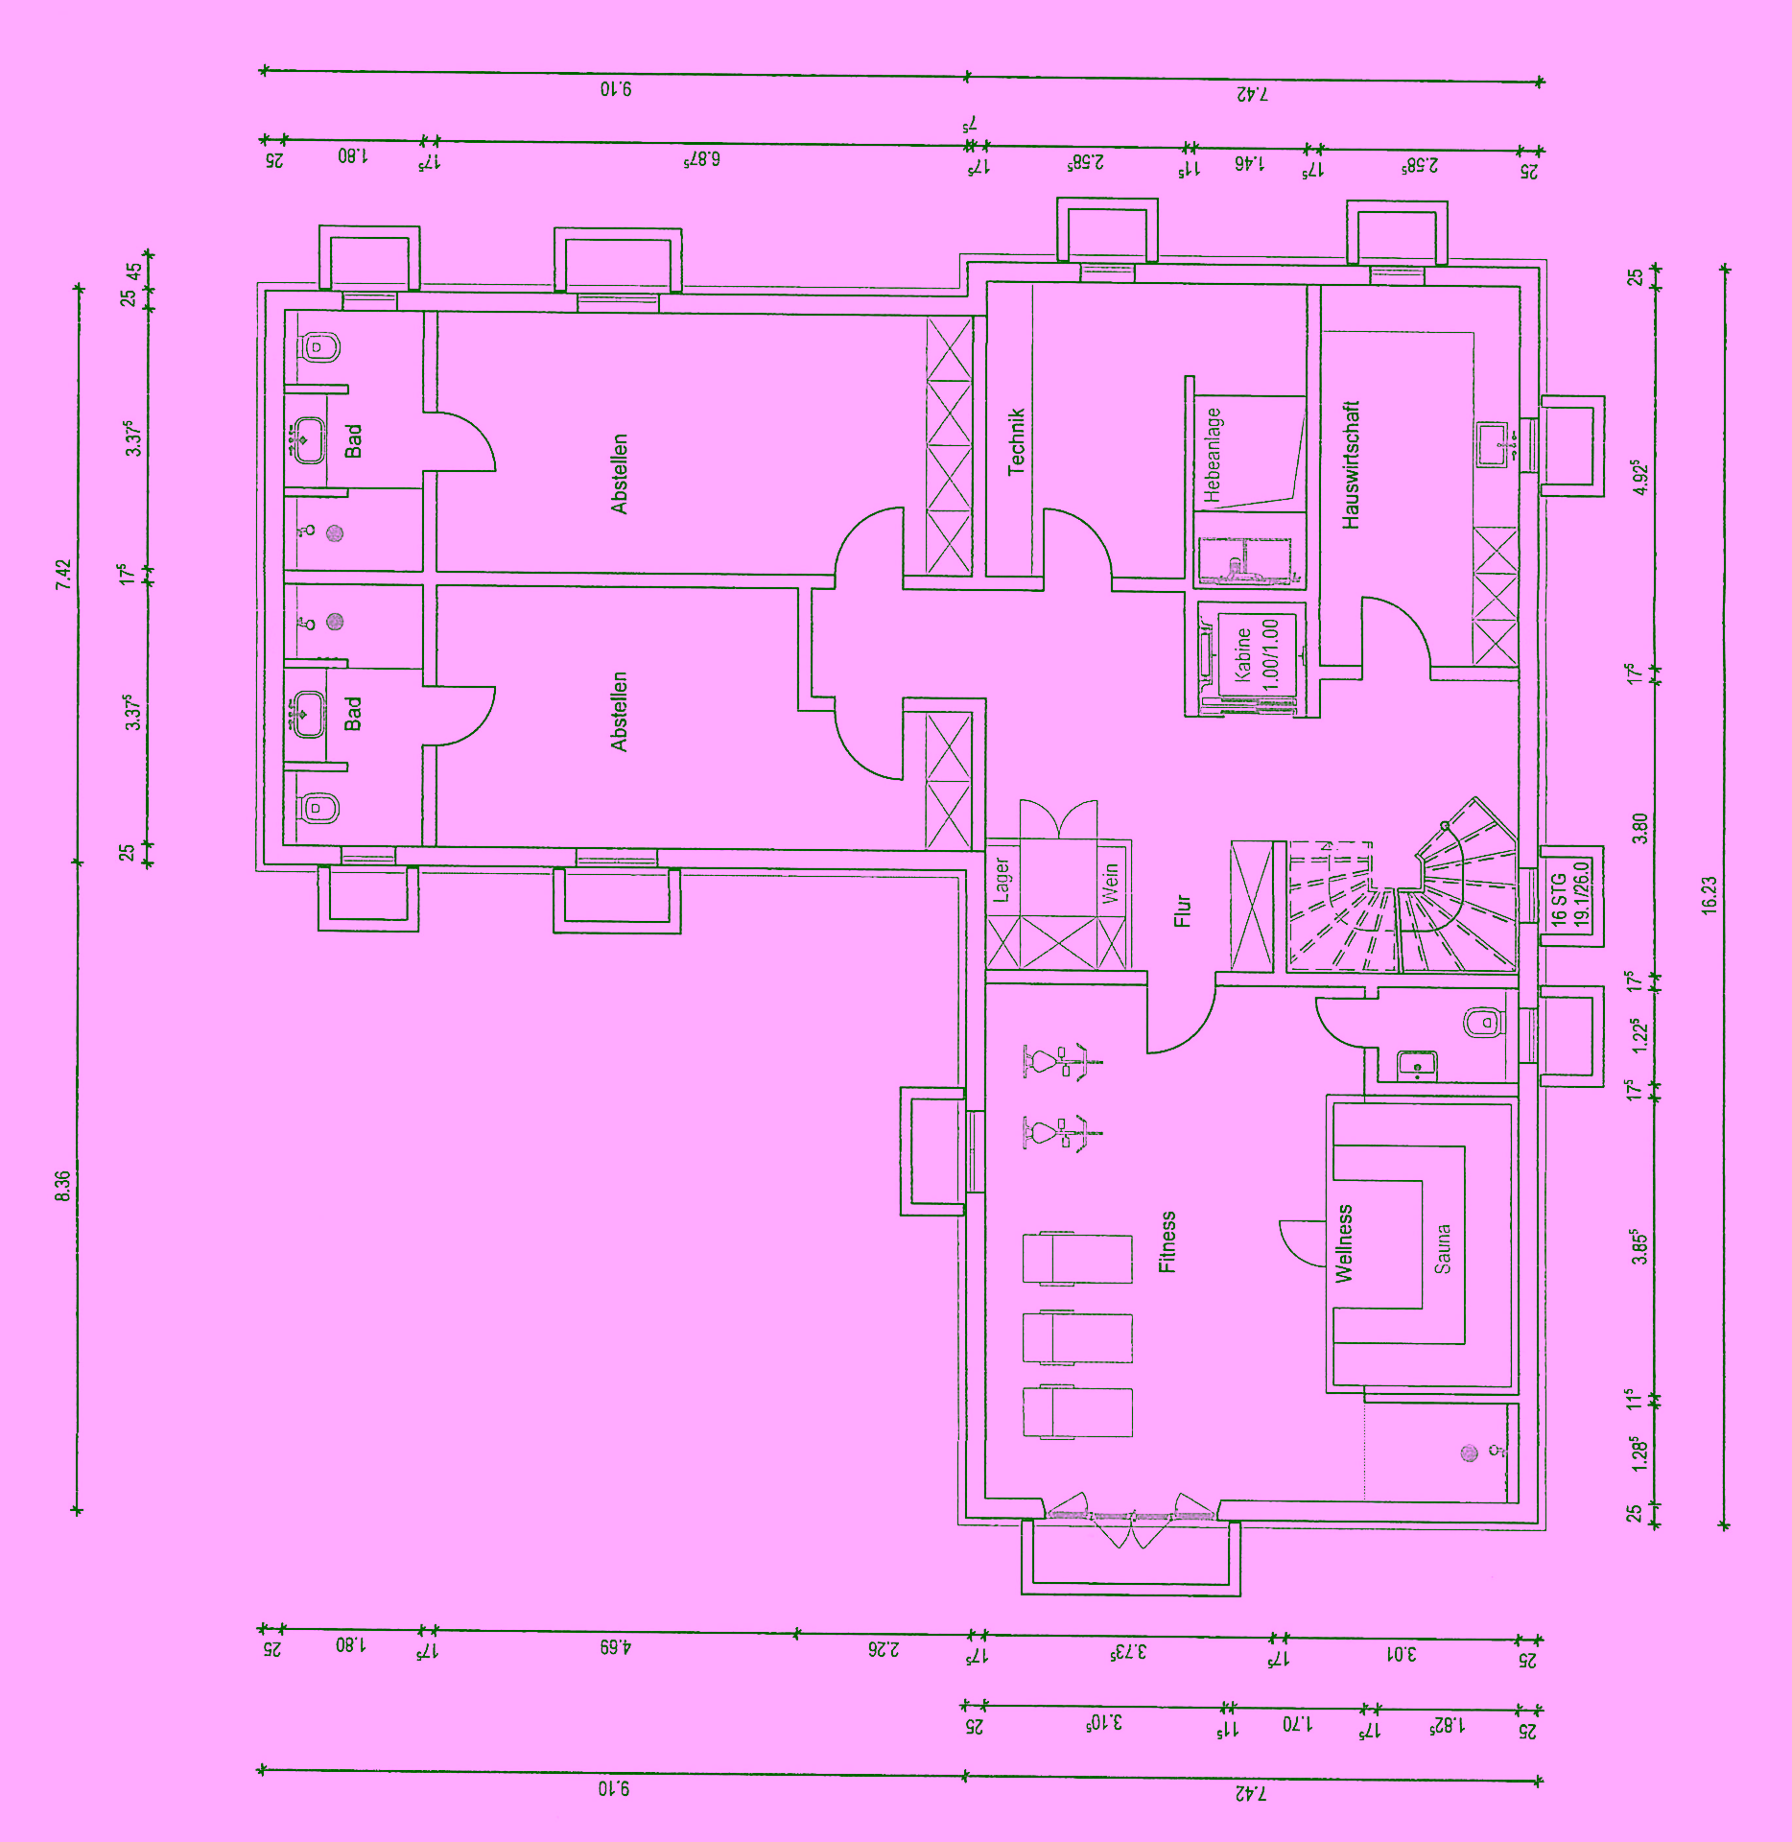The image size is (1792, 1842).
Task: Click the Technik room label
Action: [1017, 441]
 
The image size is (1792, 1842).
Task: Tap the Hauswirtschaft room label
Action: [1351, 464]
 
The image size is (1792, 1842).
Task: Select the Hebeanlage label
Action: [1214, 455]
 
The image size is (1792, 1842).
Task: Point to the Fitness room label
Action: [1167, 1242]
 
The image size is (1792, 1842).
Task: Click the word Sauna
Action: [1442, 1248]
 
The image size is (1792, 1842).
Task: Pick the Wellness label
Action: [1343, 1243]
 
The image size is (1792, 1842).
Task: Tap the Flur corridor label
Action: [1182, 910]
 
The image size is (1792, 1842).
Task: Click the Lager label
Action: [1002, 880]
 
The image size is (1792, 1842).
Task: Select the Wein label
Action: [1110, 883]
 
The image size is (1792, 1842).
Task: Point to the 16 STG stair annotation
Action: [1558, 898]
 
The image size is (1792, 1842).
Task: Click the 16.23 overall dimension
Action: [1709, 894]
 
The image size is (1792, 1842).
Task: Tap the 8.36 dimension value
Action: [62, 1186]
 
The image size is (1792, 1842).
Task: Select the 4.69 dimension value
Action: [616, 1646]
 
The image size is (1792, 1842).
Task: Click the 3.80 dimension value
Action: [1639, 828]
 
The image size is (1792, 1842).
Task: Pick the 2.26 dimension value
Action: [884, 1649]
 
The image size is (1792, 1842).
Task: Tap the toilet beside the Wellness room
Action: [1483, 1023]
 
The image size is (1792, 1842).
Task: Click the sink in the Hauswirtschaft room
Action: [1497, 444]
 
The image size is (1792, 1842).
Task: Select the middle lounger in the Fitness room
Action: [1077, 1337]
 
